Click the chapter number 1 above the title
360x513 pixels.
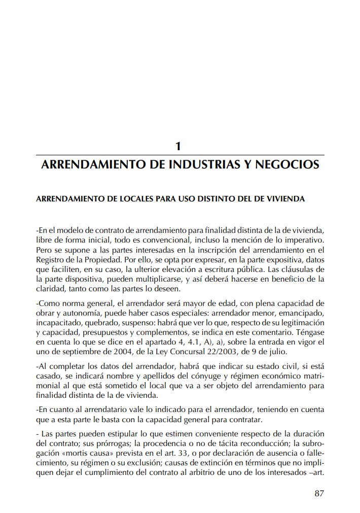pos(178,146)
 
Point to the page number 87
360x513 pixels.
pos(319,493)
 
